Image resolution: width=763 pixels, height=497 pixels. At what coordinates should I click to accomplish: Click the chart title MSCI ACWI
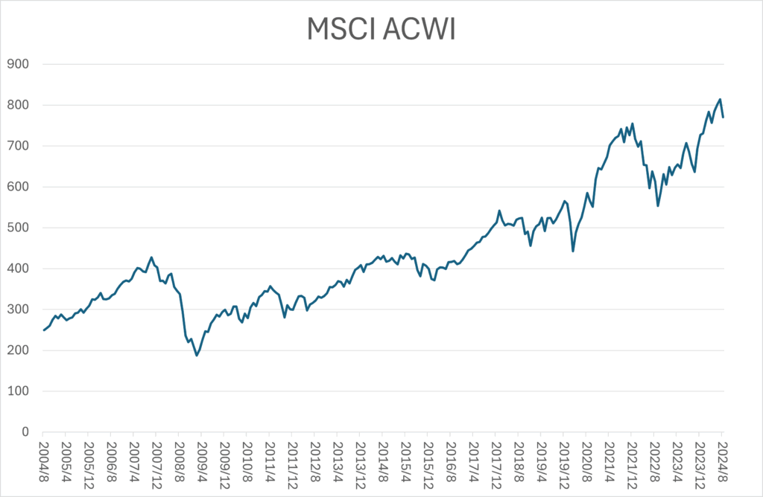pos(381,29)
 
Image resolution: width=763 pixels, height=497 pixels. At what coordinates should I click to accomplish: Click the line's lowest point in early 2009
pos(197,355)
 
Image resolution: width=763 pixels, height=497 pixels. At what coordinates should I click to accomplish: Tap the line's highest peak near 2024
pos(720,100)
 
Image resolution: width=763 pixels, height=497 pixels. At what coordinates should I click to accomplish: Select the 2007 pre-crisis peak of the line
pos(151,257)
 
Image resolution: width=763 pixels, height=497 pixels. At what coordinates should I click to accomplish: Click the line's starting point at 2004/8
pos(43,330)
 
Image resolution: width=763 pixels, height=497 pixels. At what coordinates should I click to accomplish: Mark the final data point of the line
pos(723,117)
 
